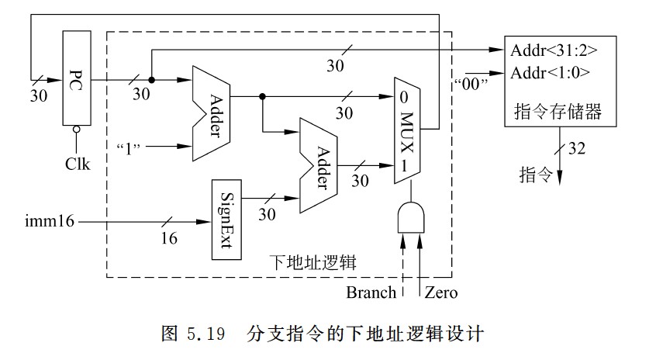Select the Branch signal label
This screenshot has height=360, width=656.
[371, 292]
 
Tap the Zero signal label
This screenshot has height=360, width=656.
[440, 292]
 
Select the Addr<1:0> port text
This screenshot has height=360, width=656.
[550, 73]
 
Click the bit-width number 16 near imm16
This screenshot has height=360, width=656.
[169, 238]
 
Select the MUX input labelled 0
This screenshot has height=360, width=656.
[404, 98]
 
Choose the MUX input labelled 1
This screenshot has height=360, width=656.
[404, 164]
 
